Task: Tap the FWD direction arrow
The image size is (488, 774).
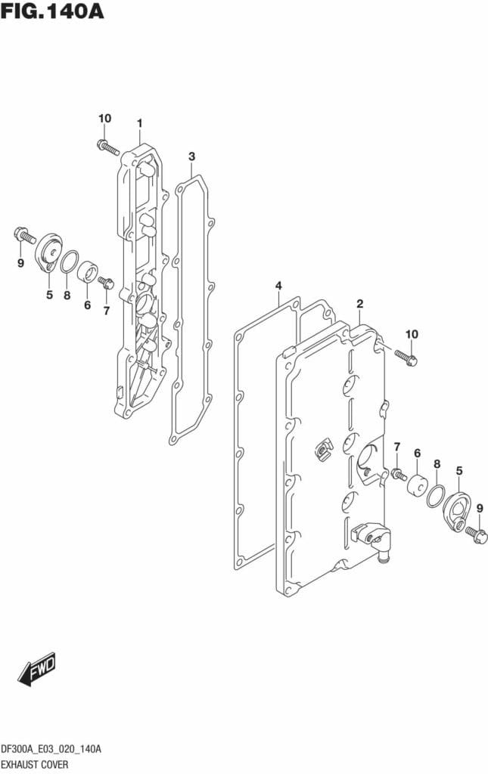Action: coord(37,668)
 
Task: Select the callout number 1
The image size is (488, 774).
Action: coord(139,122)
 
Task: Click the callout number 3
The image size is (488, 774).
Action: coord(191,156)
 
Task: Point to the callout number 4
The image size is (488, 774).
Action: coord(278,286)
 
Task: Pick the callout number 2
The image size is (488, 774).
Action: coord(359,304)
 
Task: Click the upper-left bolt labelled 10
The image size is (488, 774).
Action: coord(108,147)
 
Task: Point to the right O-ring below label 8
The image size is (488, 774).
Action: coord(436,497)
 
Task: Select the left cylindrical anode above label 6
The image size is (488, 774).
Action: coord(89,271)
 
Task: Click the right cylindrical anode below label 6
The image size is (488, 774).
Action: coord(416,485)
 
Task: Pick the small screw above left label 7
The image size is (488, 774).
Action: coord(106,283)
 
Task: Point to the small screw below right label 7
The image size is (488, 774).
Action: coord(396,474)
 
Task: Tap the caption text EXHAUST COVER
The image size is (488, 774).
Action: coord(35,764)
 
